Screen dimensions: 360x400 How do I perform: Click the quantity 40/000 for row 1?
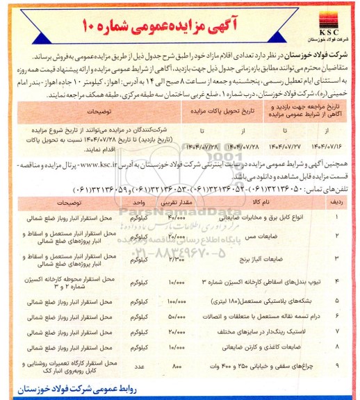click(176, 199)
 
